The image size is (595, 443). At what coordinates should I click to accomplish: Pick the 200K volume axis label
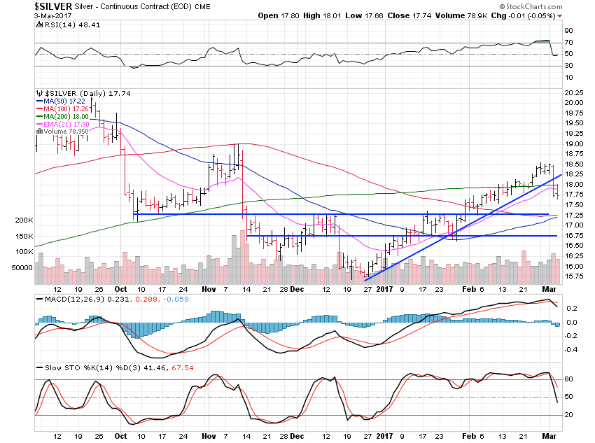click(23, 220)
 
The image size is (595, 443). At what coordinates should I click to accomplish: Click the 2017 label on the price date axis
click(384, 288)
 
